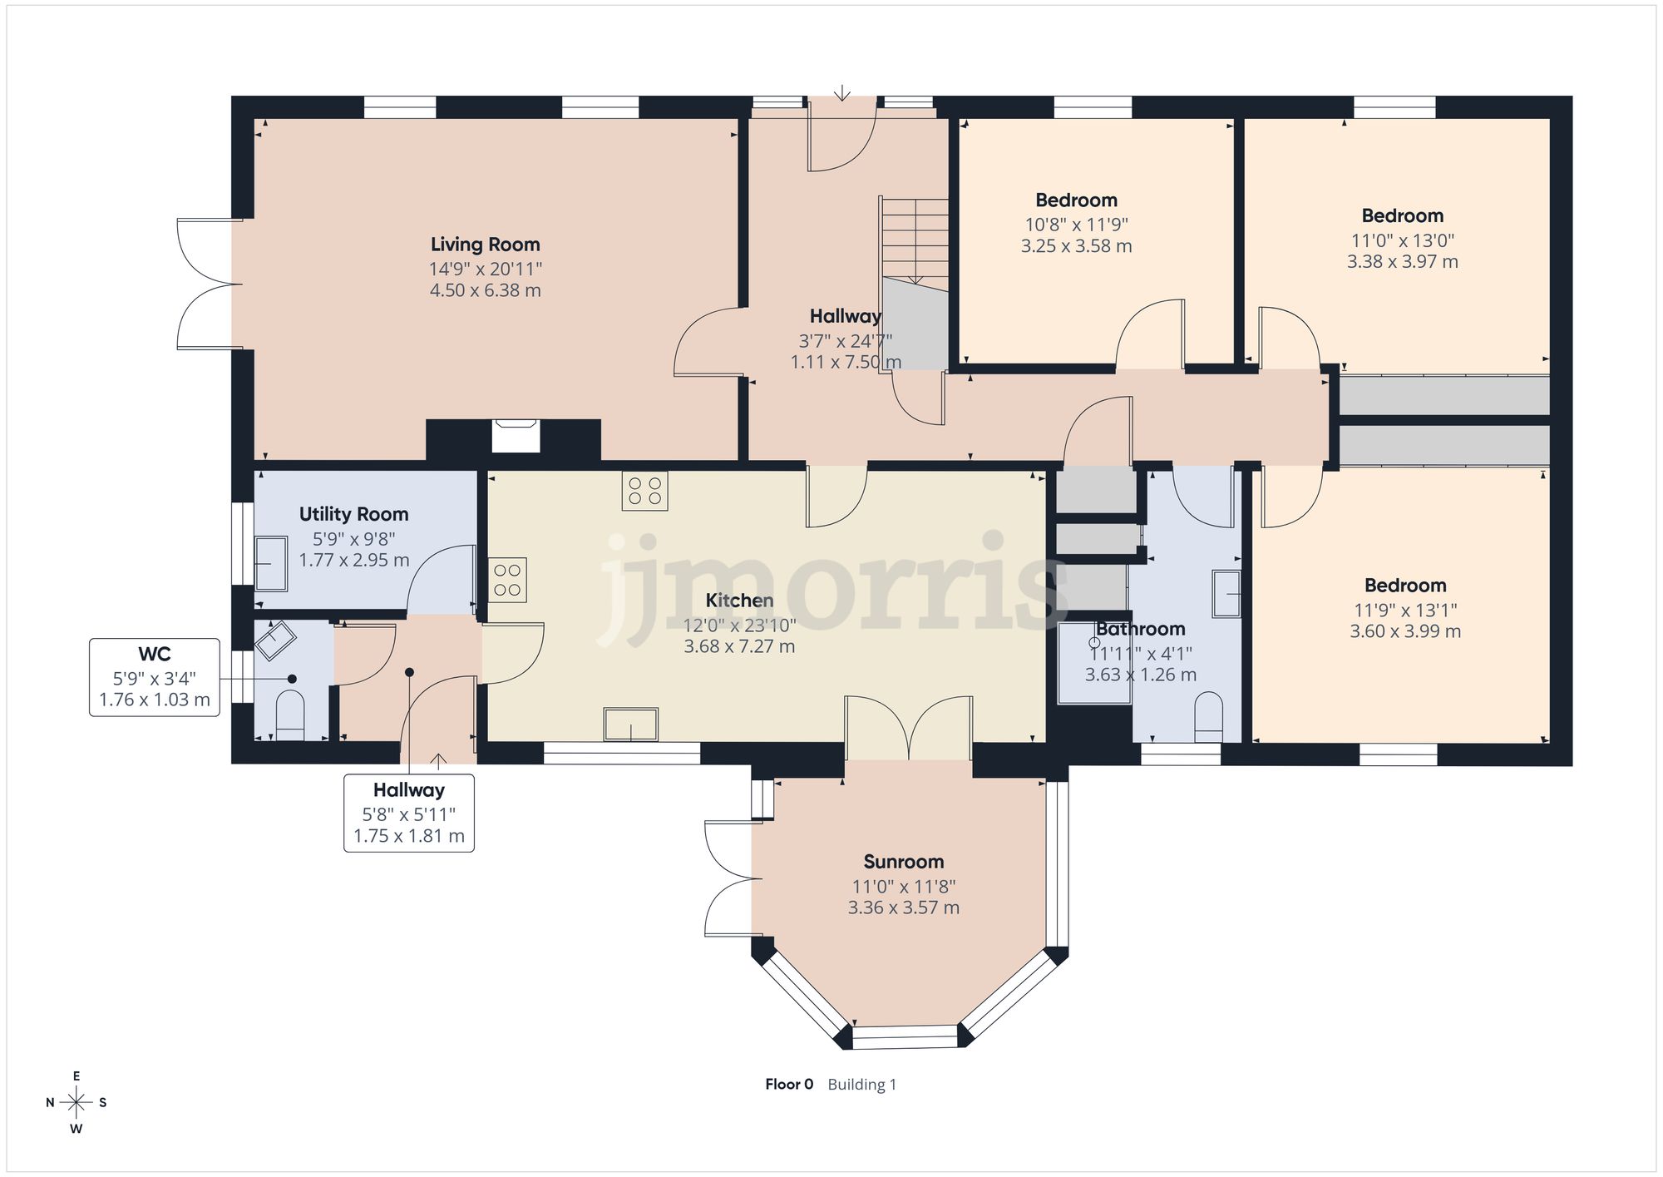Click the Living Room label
click(x=485, y=245)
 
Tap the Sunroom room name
click(x=903, y=862)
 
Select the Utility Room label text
click(x=353, y=514)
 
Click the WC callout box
click(x=155, y=677)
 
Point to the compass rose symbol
click(x=76, y=1103)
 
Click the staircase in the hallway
click(x=915, y=241)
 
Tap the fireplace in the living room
click(x=516, y=436)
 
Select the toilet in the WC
click(x=290, y=715)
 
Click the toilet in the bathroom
click(x=1208, y=717)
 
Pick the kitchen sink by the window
click(x=631, y=724)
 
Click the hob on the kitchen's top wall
click(x=644, y=491)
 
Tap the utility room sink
click(x=270, y=563)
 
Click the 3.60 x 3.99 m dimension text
click(x=1404, y=631)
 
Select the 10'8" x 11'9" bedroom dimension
click(x=1076, y=225)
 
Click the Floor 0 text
click(x=788, y=1084)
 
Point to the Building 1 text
click(x=861, y=1085)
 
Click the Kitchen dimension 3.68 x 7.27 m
click(x=739, y=646)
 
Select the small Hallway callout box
click(x=409, y=813)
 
